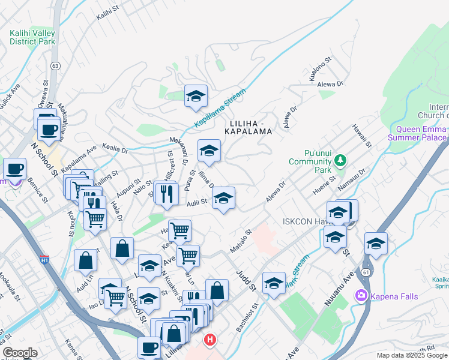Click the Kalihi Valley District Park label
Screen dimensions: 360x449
coord(32,37)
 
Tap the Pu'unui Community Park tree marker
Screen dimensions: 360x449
coord(341,160)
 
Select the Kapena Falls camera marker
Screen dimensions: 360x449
coord(361,295)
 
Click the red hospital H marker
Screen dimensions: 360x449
coord(209,340)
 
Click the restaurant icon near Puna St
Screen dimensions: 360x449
coord(166,193)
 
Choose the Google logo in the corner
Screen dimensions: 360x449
coord(20,353)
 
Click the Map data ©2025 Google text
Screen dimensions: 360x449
coord(412,355)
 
